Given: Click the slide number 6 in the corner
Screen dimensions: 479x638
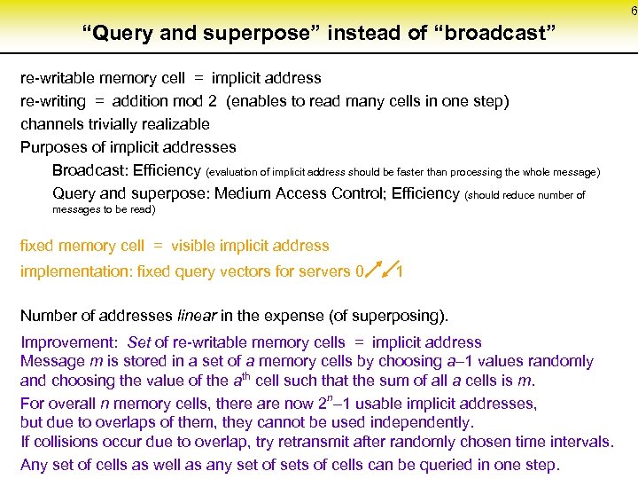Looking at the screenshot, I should click(x=633, y=11).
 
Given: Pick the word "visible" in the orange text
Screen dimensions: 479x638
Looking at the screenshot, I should click(x=197, y=246).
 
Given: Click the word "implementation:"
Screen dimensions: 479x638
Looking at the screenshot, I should click(x=74, y=271).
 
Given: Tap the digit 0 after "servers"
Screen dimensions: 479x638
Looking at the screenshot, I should click(x=358, y=271).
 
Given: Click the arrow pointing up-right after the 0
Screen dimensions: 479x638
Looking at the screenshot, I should click(x=373, y=267).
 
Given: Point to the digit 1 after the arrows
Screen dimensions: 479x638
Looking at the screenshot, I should click(x=401, y=271).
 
